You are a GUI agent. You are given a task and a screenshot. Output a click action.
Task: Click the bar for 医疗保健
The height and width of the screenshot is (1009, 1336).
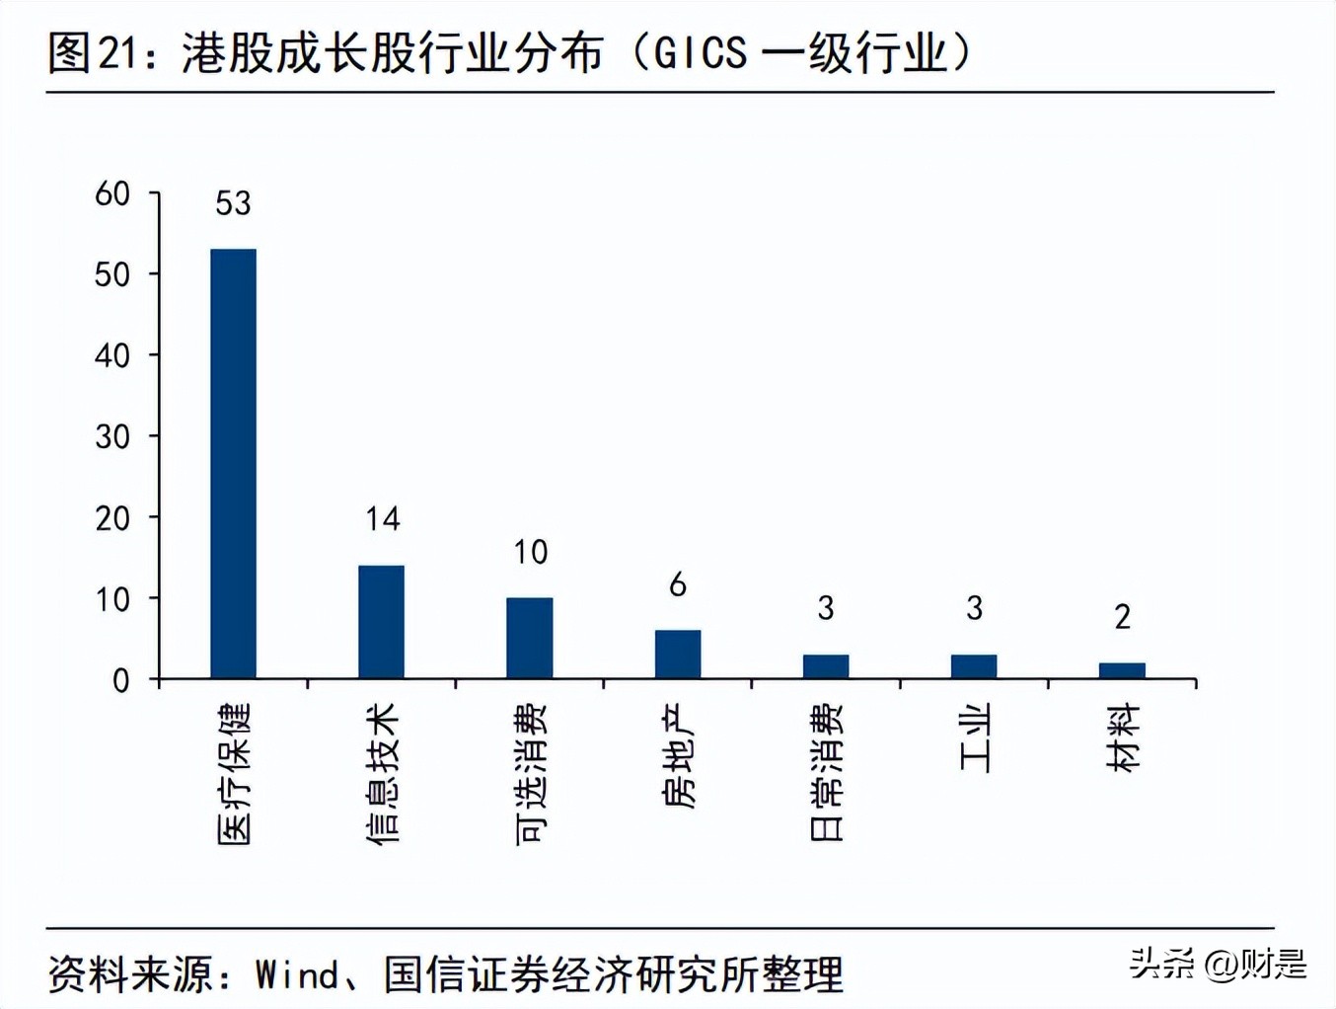click(x=233, y=464)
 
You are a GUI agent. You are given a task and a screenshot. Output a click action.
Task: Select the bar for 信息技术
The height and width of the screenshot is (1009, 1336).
click(x=381, y=622)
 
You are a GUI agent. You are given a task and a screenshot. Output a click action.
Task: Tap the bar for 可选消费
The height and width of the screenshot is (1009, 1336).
click(x=530, y=638)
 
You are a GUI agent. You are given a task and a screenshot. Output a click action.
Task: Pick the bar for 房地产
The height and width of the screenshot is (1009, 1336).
click(x=678, y=654)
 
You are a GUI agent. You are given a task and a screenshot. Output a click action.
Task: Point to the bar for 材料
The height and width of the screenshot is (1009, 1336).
click(x=1122, y=670)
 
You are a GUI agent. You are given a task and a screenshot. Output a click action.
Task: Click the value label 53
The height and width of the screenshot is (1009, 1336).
click(x=233, y=203)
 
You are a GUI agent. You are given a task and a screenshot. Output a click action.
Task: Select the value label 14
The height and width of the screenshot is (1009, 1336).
click(x=382, y=519)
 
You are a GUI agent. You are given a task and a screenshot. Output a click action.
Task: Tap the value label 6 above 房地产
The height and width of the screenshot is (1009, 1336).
click(x=678, y=585)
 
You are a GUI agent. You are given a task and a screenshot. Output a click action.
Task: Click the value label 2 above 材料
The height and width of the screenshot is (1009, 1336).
click(x=1122, y=617)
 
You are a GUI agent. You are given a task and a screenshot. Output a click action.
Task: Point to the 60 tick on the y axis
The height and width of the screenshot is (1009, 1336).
click(x=112, y=194)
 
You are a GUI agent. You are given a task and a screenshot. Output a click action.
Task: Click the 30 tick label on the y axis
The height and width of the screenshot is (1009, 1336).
click(x=112, y=436)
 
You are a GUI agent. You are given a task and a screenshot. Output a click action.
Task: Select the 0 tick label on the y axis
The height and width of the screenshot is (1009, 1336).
click(x=121, y=680)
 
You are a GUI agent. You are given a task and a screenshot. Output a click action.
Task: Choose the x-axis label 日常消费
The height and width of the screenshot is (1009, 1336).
click(x=827, y=772)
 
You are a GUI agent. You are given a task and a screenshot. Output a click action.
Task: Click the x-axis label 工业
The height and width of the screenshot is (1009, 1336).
click(x=975, y=738)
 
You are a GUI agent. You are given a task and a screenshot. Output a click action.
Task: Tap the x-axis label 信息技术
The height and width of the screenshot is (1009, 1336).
click(x=382, y=773)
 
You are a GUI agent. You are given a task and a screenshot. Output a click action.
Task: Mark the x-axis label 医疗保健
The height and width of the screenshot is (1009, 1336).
click(x=234, y=774)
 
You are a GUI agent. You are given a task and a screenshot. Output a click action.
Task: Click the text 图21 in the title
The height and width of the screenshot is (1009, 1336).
click(x=95, y=53)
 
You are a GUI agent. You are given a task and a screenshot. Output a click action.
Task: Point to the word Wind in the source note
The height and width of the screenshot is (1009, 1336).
click(x=297, y=975)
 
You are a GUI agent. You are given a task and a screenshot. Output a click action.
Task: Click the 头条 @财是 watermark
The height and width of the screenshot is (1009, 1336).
click(x=1218, y=963)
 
